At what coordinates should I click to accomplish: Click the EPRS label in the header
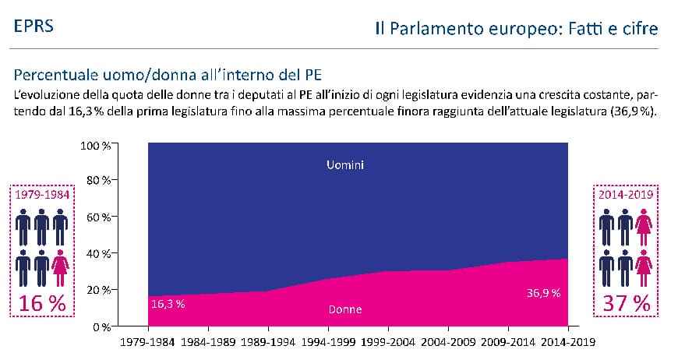pos(34,26)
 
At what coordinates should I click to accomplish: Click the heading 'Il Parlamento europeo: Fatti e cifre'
pos(516,29)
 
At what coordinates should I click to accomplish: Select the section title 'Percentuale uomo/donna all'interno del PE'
pos(161,76)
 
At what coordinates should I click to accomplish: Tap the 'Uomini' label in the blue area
pos(346,165)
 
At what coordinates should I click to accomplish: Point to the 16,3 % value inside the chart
pos(168,304)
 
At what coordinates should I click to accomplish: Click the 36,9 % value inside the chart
pos(543,294)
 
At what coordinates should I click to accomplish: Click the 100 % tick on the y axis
pos(97,145)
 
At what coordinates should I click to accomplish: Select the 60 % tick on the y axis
pos(101,217)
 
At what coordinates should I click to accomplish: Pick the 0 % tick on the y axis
pos(104,326)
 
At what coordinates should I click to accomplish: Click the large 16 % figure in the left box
pos(40,305)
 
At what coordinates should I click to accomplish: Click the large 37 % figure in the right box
pos(627,305)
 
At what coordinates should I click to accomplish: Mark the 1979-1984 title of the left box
pos(40,194)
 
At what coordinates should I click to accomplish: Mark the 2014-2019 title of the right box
pos(626,194)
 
